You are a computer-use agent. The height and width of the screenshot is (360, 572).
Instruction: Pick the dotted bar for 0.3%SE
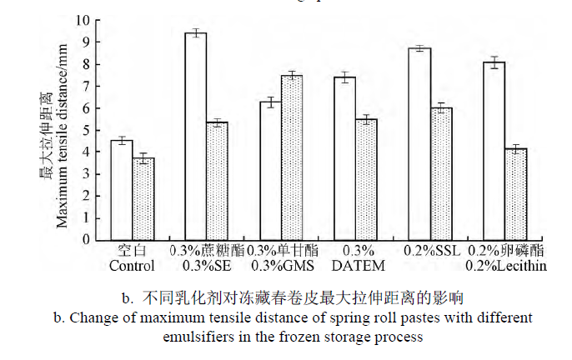pyautogui.click(x=217, y=181)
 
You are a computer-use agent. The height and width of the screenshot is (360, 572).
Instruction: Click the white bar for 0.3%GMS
pyautogui.click(x=270, y=171)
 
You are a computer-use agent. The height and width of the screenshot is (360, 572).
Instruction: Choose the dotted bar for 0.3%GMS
pyautogui.click(x=292, y=157)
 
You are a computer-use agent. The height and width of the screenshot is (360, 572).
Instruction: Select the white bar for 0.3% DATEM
pyautogui.click(x=345, y=158)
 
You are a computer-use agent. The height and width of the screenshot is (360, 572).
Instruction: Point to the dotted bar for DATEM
pyautogui.click(x=367, y=179)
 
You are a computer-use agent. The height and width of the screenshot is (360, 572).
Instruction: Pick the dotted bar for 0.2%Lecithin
pyautogui.click(x=516, y=194)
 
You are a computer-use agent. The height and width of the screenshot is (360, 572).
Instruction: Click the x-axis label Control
pyautogui.click(x=132, y=266)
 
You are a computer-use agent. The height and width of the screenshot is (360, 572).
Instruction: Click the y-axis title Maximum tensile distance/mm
pyautogui.click(x=63, y=137)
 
